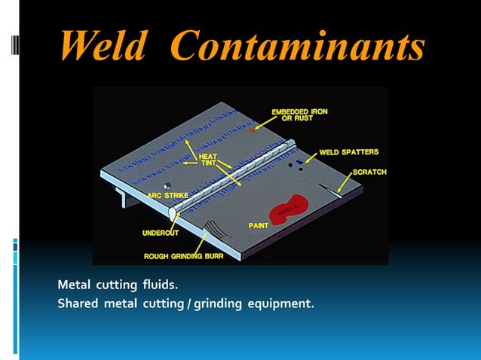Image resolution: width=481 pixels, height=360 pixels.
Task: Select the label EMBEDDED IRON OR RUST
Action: click(x=299, y=115)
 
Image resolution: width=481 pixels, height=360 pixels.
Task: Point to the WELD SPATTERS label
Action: click(x=348, y=152)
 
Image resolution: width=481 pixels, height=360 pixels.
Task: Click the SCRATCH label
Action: click(x=369, y=172)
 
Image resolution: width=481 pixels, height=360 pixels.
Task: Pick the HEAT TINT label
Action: click(x=208, y=160)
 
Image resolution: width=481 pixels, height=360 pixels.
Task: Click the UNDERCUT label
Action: click(x=161, y=232)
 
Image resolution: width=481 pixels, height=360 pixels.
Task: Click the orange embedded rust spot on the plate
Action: click(x=253, y=132)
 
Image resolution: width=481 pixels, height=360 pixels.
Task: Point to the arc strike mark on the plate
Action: click(x=167, y=185)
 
